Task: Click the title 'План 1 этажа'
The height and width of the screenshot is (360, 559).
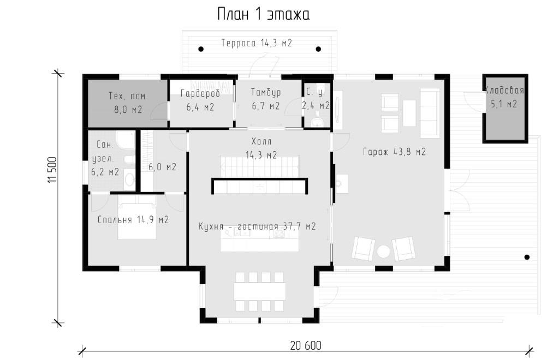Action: pos(264,15)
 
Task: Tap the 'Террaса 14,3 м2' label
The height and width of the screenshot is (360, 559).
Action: pos(257,43)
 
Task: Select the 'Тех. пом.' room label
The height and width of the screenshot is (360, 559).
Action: pos(128,96)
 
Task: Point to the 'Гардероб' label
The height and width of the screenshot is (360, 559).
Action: pos(200,93)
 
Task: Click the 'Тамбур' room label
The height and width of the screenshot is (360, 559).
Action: pos(266,92)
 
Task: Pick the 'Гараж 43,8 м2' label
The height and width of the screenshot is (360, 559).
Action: pos(394,152)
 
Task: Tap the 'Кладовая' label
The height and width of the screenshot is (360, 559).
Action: pos(504,90)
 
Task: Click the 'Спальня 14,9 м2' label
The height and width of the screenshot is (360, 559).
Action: pos(133,220)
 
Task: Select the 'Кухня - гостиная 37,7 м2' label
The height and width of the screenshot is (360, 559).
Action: pos(258,226)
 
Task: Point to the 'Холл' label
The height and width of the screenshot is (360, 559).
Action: pos(261,141)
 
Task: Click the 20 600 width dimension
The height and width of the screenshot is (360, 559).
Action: pos(306,345)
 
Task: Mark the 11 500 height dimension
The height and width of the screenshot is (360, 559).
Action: pos(52,170)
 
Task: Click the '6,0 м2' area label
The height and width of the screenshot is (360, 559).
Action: pos(162,167)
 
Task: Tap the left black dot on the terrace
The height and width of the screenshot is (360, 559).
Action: pos(201,49)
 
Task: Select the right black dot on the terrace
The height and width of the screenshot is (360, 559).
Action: pos(318,49)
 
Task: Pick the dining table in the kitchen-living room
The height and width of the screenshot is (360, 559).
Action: pos(259,291)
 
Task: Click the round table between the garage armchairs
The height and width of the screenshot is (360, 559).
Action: pos(384,252)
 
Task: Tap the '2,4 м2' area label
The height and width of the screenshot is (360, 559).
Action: pos(316,105)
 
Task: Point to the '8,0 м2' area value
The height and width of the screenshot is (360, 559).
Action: pos(128,109)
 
